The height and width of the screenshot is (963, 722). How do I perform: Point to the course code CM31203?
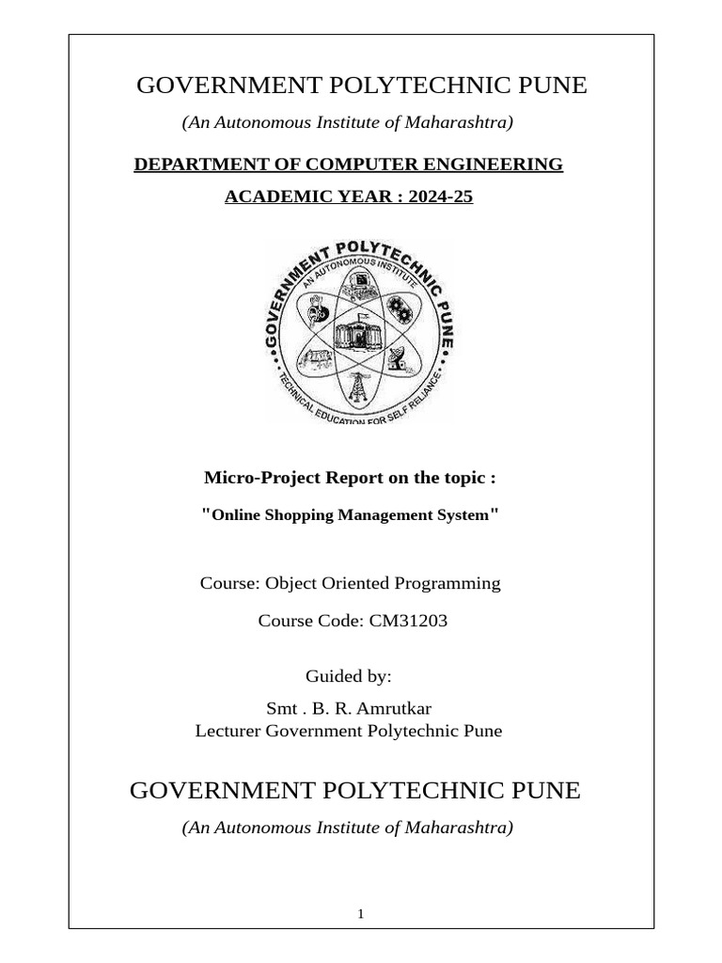coord(395,621)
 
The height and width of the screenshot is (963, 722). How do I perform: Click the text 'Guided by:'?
coord(349,676)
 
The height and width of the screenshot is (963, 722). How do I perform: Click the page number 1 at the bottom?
coord(361,914)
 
